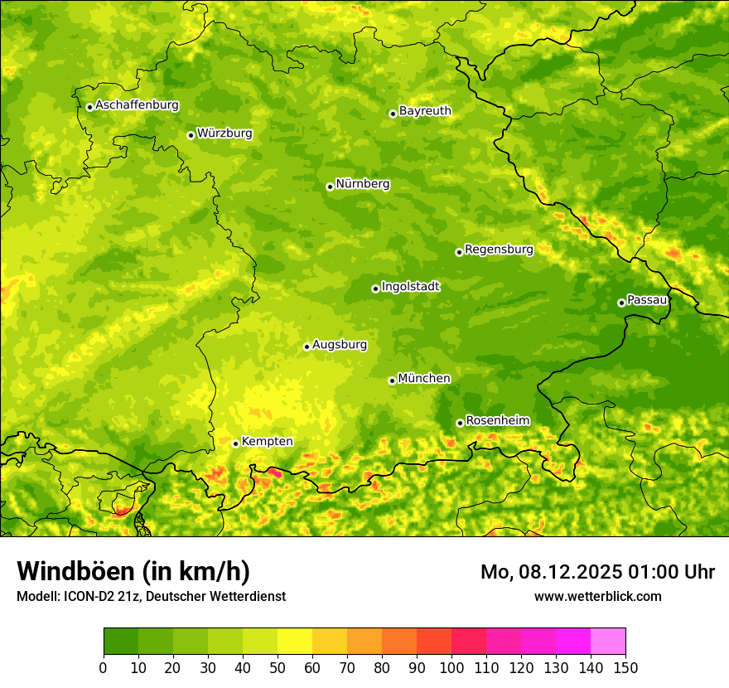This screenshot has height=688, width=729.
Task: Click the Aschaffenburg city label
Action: pos(137,105)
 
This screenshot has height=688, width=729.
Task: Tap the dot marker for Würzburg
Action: pos(191,135)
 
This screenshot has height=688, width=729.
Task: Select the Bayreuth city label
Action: pos(425,111)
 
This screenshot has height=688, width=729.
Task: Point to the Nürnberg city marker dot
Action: pos(330,187)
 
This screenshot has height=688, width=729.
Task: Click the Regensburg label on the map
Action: pos(499,250)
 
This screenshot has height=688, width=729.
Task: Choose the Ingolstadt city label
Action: pos(410,287)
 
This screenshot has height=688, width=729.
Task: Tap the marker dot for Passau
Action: pos(621,303)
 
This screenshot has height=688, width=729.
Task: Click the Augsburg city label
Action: pos(340,345)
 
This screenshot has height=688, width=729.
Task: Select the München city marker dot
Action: pos(392,380)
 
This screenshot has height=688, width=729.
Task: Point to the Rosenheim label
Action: pos(497,421)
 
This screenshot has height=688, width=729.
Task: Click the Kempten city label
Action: pos(267,442)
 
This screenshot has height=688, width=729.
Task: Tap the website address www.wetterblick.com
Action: pos(597,596)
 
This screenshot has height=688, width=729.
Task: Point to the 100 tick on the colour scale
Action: pos(451,667)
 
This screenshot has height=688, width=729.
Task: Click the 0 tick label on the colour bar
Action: pos(104,667)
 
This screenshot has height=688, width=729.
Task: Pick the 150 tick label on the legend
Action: pos(625,667)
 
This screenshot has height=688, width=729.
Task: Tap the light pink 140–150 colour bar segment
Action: pos(608,641)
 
